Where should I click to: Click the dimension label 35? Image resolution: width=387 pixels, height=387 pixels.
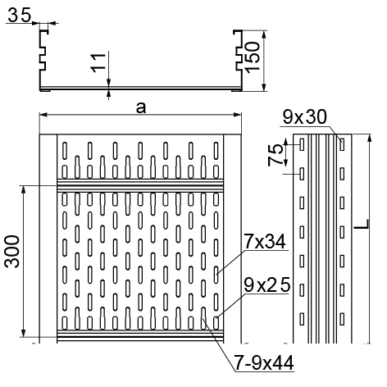pyautogui.click(x=19, y=15)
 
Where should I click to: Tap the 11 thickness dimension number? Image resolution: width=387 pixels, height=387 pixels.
pyautogui.click(x=98, y=63)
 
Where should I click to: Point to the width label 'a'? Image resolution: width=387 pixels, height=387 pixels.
pyautogui.click(x=141, y=107)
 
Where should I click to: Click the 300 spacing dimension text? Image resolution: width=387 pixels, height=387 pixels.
pyautogui.click(x=12, y=252)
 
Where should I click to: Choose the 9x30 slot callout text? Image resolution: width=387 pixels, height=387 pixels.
pyautogui.click(x=304, y=117)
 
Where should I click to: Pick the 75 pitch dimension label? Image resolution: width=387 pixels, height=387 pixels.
pyautogui.click(x=275, y=155)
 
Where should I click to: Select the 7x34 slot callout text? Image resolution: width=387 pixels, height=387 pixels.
pyautogui.click(x=265, y=242)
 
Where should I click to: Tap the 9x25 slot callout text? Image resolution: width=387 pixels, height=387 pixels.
pyautogui.click(x=266, y=285)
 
